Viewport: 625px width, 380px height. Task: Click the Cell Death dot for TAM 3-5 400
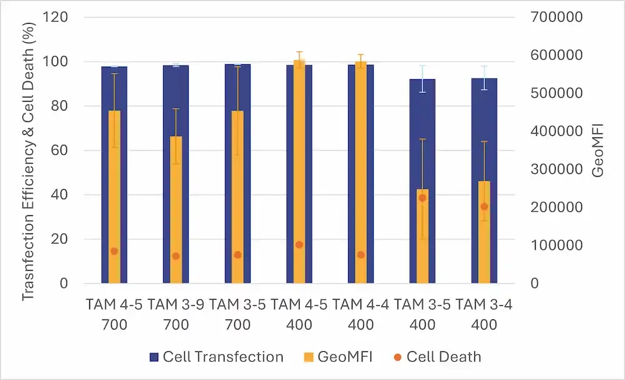pos(422,198)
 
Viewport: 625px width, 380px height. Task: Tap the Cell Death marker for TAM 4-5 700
pos(114,251)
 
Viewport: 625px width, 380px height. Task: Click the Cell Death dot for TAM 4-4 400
pos(361,255)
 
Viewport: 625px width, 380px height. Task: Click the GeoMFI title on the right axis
pos(598,151)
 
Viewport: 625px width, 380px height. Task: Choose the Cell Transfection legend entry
pos(216,357)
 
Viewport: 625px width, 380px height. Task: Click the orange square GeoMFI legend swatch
pos(308,358)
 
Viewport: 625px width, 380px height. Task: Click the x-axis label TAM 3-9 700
pos(176,314)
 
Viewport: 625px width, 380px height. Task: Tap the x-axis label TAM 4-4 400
pos(361,314)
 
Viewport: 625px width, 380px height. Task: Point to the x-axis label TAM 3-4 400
pos(484,314)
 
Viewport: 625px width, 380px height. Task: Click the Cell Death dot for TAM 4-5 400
pos(299,245)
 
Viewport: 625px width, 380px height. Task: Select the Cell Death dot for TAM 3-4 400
pos(484,207)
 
